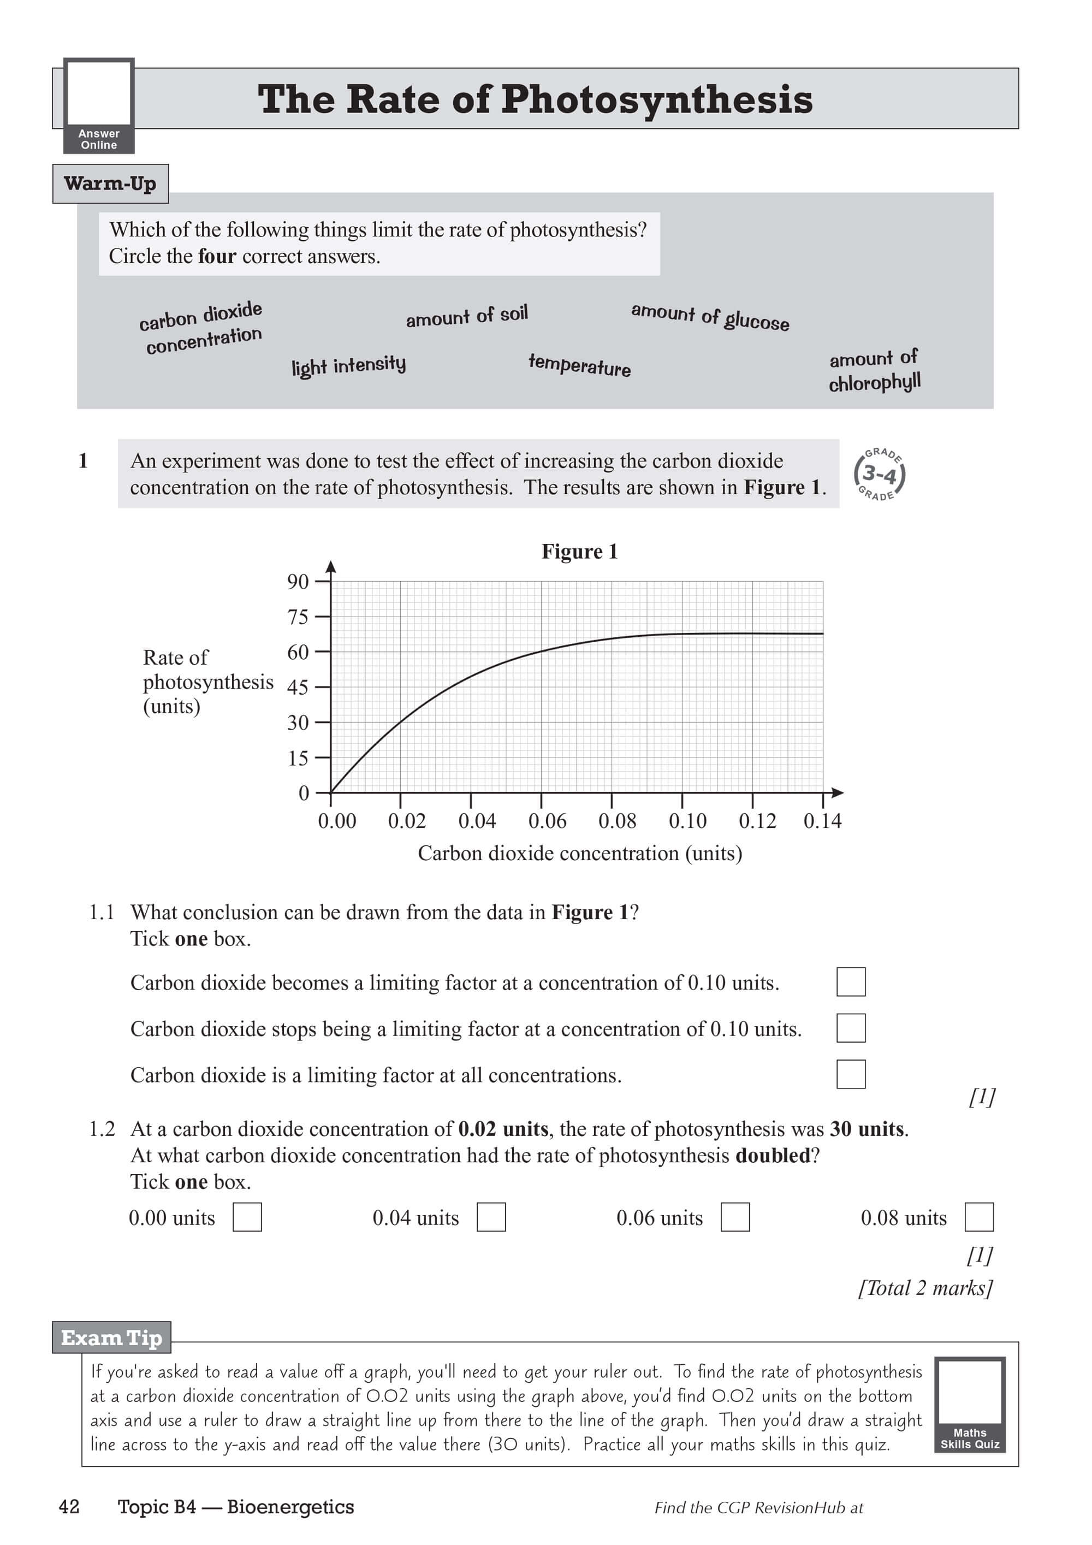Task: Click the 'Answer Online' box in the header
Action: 99,105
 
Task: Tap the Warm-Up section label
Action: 110,183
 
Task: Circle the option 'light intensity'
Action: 348,365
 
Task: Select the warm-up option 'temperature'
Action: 579,365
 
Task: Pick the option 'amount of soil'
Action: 466,316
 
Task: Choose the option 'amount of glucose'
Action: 710,316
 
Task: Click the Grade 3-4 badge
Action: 879,475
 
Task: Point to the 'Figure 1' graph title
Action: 579,552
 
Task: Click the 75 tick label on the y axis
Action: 298,617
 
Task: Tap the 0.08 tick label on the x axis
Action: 617,821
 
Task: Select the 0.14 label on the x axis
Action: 822,821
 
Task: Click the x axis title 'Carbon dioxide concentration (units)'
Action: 579,853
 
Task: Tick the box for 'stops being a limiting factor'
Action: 851,1028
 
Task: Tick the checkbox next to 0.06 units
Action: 735,1217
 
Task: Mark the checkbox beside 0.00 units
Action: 247,1217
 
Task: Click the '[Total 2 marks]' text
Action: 925,1288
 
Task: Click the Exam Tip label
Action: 112,1338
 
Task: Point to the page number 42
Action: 69,1507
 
